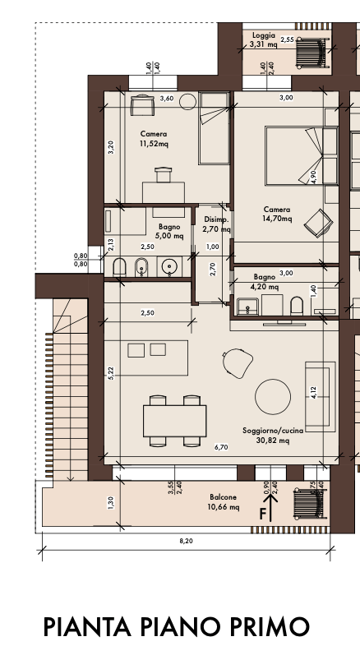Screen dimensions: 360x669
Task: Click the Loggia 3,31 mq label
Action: [263, 39]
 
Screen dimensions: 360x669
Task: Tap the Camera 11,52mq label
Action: [154, 139]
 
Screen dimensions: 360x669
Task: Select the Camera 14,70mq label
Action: [277, 215]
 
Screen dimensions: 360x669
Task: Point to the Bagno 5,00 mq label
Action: [169, 231]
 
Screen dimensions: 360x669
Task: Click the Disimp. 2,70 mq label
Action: [217, 224]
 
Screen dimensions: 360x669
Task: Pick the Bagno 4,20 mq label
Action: [264, 282]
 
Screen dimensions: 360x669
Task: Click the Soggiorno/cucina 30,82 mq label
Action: [273, 436]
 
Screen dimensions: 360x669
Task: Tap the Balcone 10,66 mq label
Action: [223, 502]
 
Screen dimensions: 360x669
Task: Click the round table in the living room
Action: [273, 396]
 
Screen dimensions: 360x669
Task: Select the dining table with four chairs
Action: [174, 421]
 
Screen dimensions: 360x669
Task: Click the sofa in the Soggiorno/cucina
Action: [320, 397]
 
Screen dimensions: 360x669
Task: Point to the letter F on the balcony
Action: [263, 514]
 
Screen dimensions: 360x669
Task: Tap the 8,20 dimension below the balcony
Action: [186, 541]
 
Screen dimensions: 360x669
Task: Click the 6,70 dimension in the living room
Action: [221, 447]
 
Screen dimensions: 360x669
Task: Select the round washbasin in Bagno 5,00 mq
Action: [170, 267]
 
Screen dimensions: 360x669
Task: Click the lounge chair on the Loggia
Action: [312, 52]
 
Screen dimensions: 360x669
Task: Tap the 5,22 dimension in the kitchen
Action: [111, 373]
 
